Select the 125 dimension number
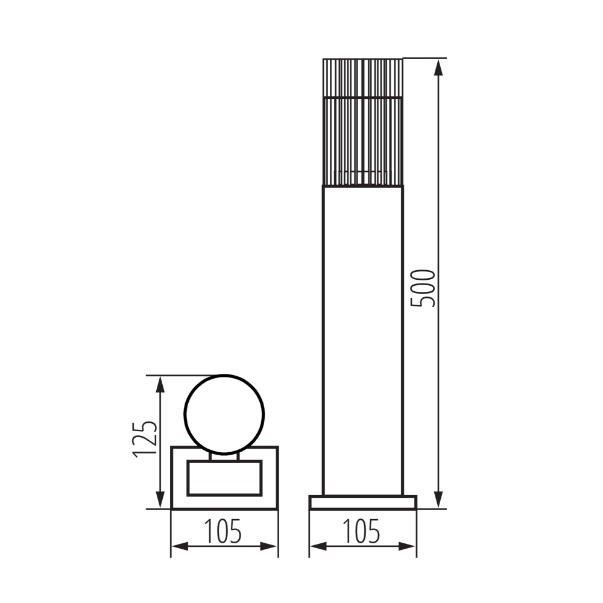click(x=147, y=438)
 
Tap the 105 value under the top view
click(x=223, y=531)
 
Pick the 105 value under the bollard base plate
click(x=362, y=531)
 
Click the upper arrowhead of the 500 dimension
click(x=439, y=67)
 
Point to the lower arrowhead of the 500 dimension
click(x=439, y=500)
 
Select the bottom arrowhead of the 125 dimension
click(x=160, y=500)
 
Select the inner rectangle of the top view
click(x=224, y=478)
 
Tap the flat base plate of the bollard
click(x=362, y=502)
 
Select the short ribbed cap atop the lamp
click(x=362, y=77)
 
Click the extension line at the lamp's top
click(x=425, y=58)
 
